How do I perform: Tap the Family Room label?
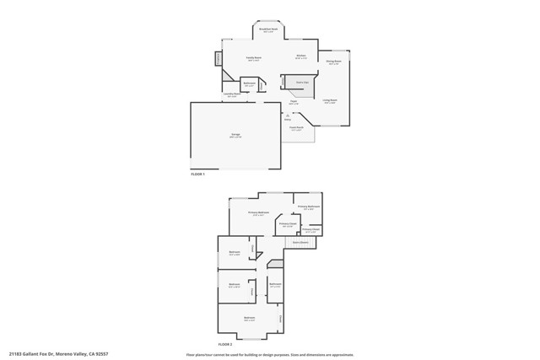[253, 57]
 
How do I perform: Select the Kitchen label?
[301, 56]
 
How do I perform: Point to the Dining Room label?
[334, 62]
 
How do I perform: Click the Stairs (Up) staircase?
[301, 84]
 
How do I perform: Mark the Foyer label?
[294, 101]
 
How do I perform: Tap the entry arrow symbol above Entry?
[288, 114]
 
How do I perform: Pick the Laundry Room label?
[231, 94]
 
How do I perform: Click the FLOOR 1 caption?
[198, 173]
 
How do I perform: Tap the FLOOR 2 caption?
[225, 344]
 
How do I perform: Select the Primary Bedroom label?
[258, 212]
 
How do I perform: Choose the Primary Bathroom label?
[309, 207]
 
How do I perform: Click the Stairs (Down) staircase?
[300, 242]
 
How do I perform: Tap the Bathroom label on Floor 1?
[250, 83]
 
